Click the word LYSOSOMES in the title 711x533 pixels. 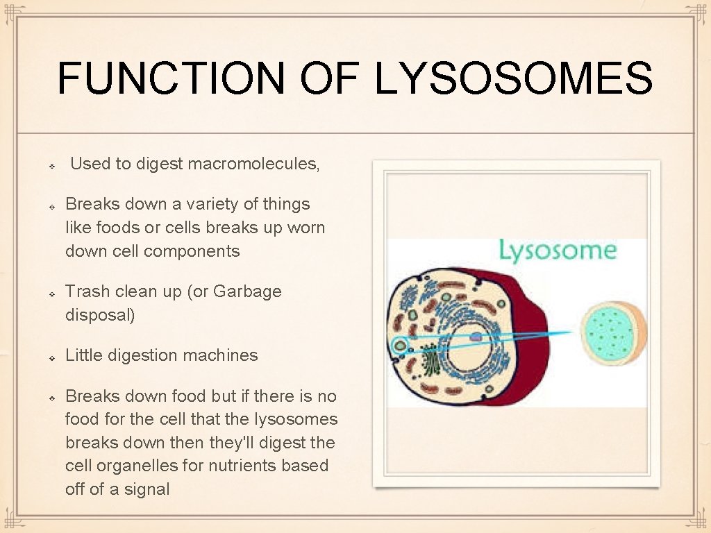514,78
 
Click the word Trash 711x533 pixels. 84,291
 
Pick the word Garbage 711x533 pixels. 247,291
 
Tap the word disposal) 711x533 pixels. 100,315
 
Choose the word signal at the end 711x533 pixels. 147,489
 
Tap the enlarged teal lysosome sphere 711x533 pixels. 612,333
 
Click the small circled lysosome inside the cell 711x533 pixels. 400,345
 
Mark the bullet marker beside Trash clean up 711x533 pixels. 52,294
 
